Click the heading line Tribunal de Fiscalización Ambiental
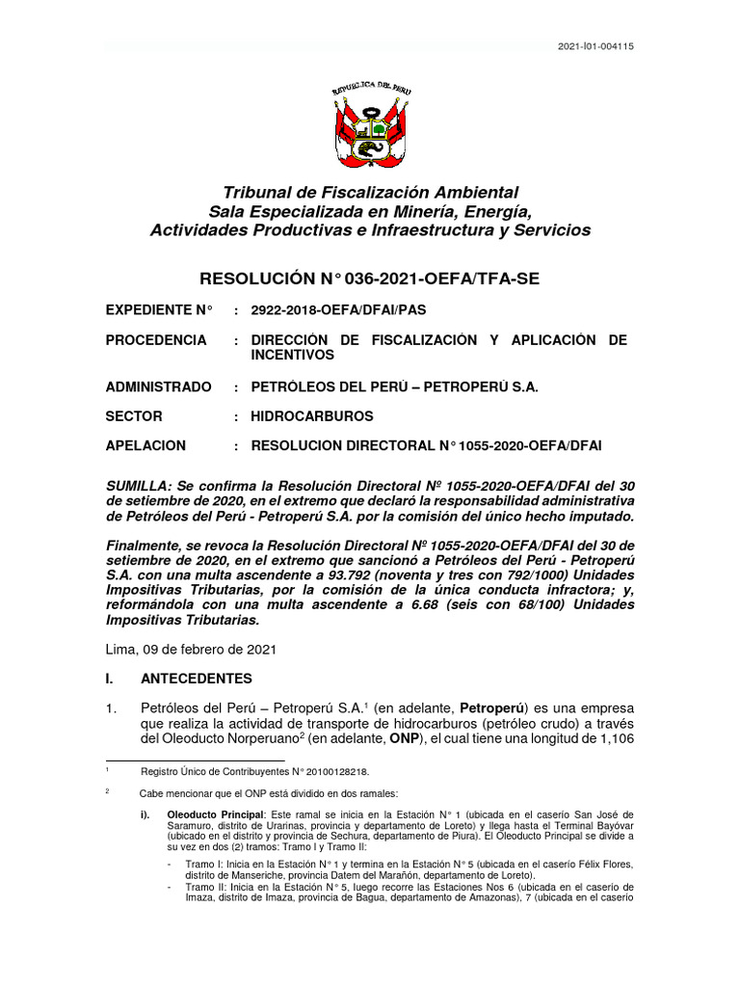tap(370, 193)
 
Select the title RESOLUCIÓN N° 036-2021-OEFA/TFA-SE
tap(369, 280)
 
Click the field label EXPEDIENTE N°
tap(158, 310)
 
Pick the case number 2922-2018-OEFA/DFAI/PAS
tap(337, 310)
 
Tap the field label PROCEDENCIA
tap(156, 340)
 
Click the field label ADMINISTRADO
tap(158, 387)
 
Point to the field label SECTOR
tap(134, 416)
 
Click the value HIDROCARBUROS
tap(311, 416)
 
